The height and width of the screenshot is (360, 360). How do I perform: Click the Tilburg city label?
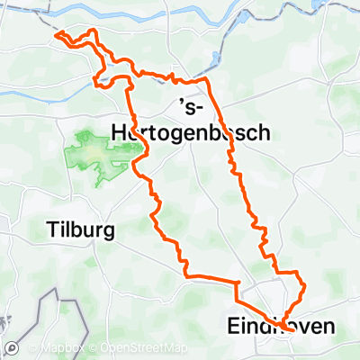(80, 231)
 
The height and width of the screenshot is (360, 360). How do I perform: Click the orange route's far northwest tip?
(57, 35)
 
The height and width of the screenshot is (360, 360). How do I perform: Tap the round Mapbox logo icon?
(13, 347)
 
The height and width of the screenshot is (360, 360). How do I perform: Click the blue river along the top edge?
(180, 11)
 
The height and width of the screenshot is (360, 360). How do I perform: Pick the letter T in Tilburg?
(51, 231)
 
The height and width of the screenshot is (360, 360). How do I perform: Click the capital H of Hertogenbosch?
(114, 132)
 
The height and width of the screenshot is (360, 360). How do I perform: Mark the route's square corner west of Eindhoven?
(237, 284)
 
